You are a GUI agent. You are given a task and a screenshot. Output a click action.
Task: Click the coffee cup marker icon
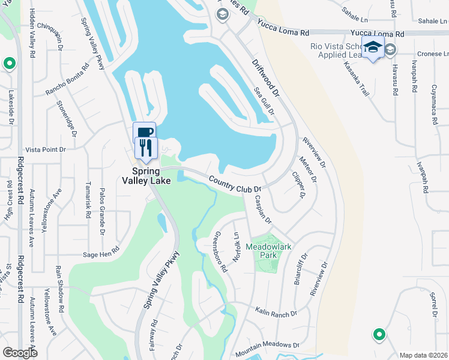click(x=144, y=132)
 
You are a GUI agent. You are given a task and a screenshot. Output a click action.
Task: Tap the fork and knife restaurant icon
click(x=146, y=147)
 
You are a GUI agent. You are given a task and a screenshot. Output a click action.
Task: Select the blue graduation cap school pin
click(x=373, y=47)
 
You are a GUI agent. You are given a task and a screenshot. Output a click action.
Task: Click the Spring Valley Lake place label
click(x=146, y=174)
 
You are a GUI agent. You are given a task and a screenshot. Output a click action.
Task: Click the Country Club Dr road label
click(x=234, y=184)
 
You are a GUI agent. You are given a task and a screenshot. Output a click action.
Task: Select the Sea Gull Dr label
click(x=264, y=101)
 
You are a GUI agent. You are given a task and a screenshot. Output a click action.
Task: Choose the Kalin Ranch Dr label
click(x=276, y=313)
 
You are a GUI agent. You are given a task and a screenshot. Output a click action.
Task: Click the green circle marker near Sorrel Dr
click(x=379, y=334)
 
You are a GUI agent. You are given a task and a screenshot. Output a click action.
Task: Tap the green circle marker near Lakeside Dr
click(x=9, y=63)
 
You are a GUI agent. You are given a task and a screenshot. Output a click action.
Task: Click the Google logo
click(x=20, y=352)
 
